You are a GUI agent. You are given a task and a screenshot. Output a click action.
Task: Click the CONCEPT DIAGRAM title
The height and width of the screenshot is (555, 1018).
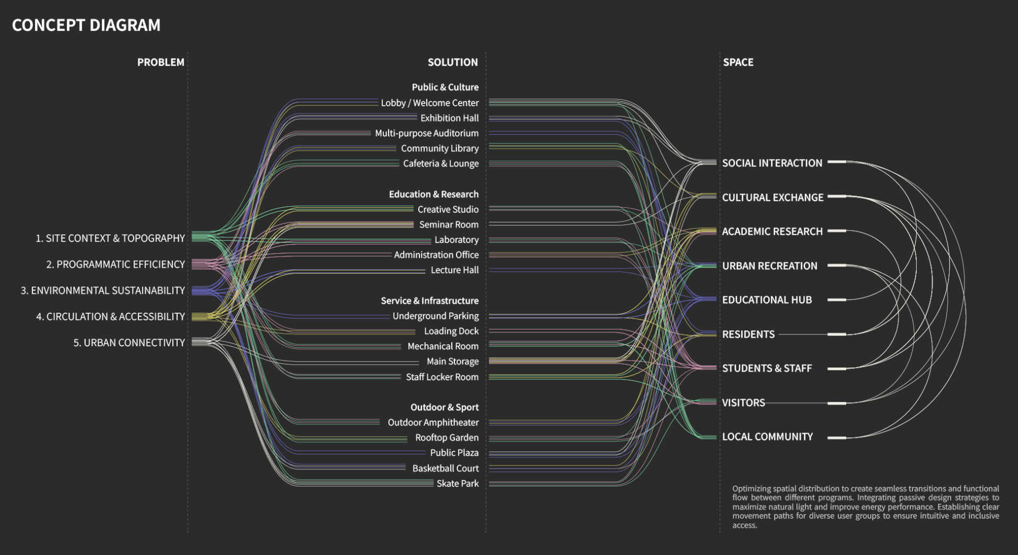click(86, 25)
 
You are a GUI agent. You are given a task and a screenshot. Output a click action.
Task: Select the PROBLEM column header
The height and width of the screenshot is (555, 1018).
click(161, 62)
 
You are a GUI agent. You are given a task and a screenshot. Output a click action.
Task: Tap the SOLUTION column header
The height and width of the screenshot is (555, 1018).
click(452, 62)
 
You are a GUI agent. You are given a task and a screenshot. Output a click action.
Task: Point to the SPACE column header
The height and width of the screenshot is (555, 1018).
click(738, 62)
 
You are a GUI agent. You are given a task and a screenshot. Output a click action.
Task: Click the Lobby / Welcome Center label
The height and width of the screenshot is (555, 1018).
click(429, 103)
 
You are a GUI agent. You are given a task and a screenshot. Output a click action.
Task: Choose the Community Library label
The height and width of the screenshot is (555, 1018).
click(440, 148)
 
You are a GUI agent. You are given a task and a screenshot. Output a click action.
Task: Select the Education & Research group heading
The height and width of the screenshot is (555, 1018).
click(433, 194)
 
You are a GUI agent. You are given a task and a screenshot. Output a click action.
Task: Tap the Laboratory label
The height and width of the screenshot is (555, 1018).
click(456, 240)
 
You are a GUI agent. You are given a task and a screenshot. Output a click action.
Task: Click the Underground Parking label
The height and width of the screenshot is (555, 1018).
click(435, 316)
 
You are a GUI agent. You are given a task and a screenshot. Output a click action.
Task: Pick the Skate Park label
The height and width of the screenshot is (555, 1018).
click(457, 483)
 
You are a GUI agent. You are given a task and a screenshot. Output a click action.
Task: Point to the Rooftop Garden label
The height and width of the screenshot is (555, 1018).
click(446, 437)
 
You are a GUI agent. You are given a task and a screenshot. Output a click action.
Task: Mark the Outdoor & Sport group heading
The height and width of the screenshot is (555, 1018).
click(444, 407)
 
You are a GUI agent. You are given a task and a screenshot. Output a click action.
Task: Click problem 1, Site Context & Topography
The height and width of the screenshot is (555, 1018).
click(110, 238)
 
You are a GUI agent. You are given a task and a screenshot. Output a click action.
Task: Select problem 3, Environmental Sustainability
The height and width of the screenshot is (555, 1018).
click(103, 290)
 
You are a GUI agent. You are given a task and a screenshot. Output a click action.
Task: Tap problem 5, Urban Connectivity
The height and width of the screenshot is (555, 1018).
click(129, 342)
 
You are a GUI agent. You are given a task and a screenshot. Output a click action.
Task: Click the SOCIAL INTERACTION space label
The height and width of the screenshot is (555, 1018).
click(772, 163)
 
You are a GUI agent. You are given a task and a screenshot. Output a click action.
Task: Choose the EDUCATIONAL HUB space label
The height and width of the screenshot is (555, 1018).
click(767, 299)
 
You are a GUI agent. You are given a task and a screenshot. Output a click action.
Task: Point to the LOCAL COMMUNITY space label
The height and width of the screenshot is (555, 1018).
click(767, 436)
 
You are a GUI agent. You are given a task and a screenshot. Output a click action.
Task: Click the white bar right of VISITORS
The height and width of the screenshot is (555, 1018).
click(837, 403)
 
